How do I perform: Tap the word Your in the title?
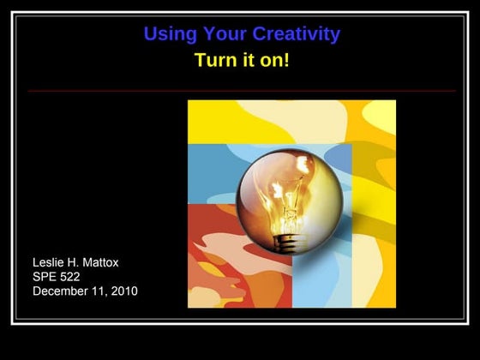point(221,34)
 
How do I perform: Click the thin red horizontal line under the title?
point(241,91)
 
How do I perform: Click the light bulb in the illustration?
point(289,201)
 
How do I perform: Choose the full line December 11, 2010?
point(85,291)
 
